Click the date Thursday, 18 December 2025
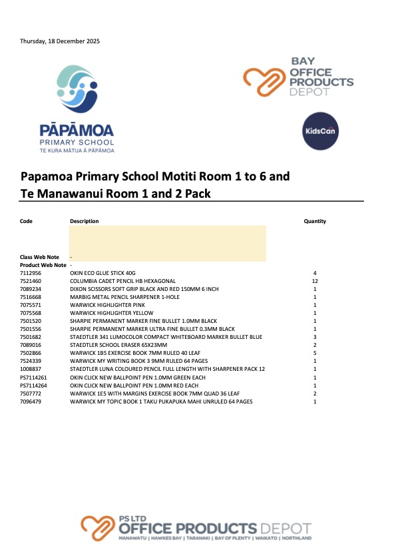click(x=59, y=41)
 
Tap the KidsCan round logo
click(x=320, y=131)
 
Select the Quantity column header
click(x=315, y=221)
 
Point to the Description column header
click(x=84, y=221)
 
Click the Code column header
click(x=26, y=221)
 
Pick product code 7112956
click(x=31, y=273)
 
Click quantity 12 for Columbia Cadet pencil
click(x=315, y=281)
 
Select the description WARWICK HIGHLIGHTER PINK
click(x=111, y=305)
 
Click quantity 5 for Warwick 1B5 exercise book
click(x=315, y=354)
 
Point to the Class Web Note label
click(x=39, y=257)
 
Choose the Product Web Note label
click(x=43, y=265)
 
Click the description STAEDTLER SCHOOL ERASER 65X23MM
click(x=118, y=346)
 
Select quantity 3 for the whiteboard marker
click(x=315, y=338)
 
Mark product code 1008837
click(x=31, y=370)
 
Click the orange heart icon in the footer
click(x=99, y=527)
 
